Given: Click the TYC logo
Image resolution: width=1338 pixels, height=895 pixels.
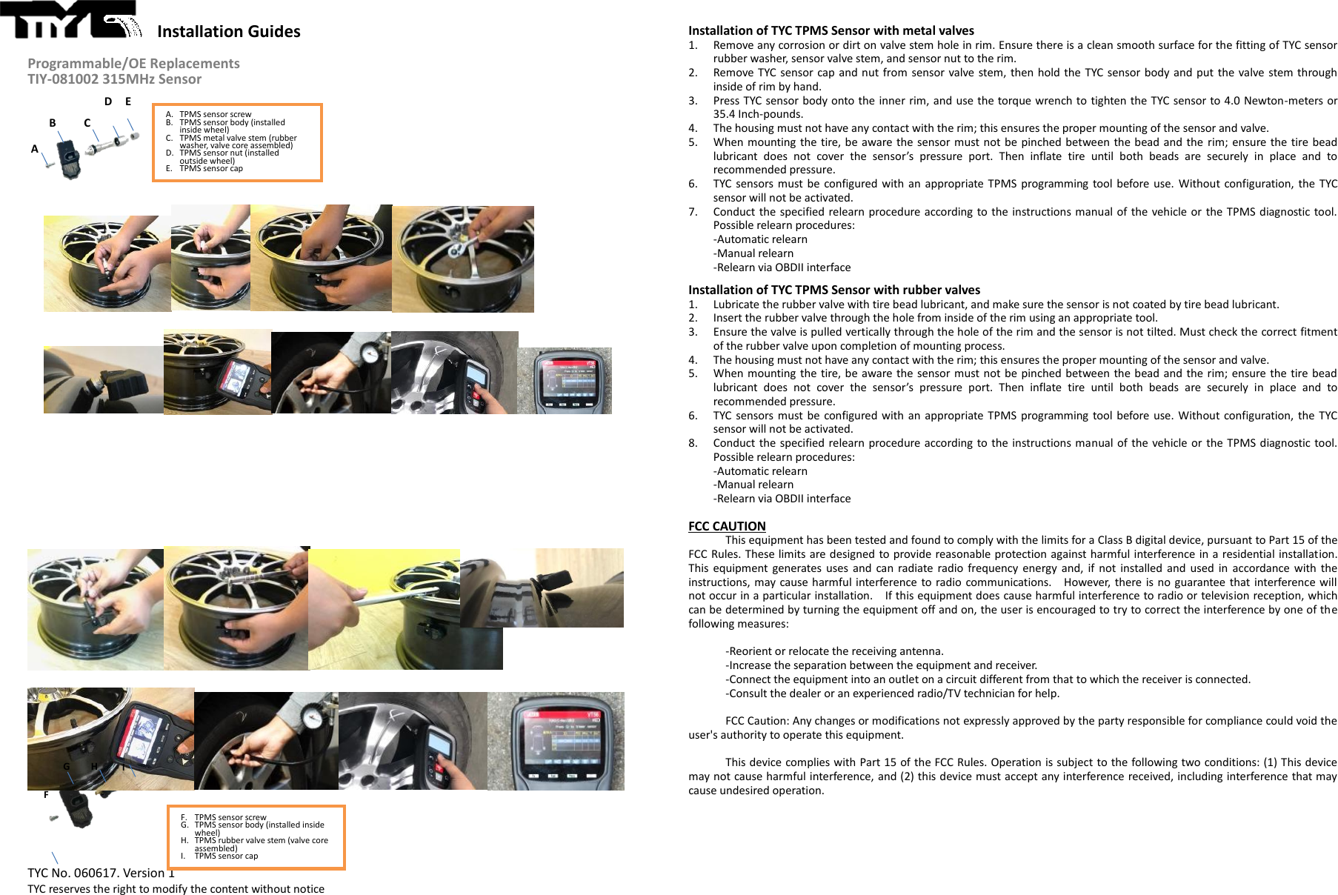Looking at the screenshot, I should (x=70, y=19).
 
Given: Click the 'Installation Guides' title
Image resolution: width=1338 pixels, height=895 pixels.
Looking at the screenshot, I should (x=228, y=31).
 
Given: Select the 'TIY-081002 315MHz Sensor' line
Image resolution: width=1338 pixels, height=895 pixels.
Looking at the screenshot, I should (x=114, y=79).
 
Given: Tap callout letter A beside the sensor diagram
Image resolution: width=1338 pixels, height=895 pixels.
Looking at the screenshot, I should (x=34, y=149).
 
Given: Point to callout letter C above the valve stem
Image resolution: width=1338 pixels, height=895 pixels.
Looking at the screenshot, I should (x=87, y=123).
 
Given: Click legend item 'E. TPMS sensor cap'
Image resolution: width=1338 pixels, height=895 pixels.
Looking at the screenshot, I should (x=210, y=169).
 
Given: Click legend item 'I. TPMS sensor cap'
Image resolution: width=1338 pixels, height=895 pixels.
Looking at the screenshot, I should (x=225, y=856).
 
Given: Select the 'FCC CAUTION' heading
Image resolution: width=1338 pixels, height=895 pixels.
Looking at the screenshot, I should (x=726, y=526).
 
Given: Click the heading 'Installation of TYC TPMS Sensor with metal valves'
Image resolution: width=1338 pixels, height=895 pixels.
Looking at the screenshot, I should (x=831, y=30).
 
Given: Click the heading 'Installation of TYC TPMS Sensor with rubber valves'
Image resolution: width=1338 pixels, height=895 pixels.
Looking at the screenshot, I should (x=833, y=290).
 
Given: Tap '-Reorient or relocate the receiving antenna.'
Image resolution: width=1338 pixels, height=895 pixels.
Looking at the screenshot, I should (x=833, y=651).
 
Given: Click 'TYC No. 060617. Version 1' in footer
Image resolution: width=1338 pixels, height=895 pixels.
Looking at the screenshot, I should (x=101, y=873).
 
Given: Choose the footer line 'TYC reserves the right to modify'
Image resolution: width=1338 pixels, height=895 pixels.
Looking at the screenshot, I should (x=176, y=889).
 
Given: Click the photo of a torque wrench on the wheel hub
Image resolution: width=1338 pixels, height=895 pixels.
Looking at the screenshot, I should (x=462, y=259).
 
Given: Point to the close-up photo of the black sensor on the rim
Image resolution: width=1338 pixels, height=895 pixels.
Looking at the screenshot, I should (x=103, y=379).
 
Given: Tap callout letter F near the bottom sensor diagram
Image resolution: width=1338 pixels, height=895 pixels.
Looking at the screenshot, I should (x=46, y=795).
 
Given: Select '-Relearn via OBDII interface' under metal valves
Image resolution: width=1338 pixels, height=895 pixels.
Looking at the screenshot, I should (x=781, y=267).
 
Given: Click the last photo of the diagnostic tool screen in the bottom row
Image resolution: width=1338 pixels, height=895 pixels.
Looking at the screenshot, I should (x=556, y=741).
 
